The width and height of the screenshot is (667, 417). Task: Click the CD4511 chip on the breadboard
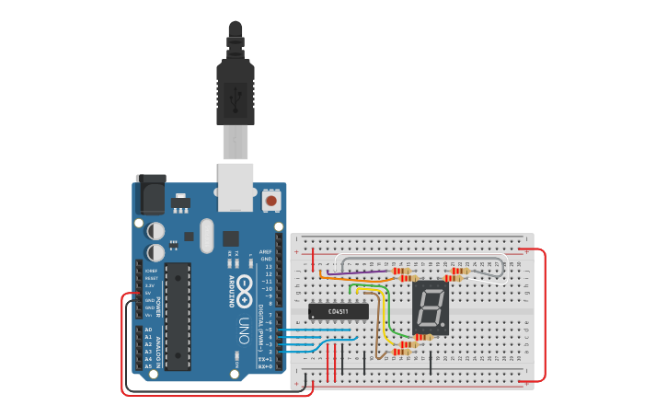[339, 312]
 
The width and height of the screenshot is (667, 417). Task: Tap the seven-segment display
[431, 307]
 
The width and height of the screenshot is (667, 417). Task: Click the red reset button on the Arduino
[271, 200]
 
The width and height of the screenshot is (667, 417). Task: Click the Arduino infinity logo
[244, 291]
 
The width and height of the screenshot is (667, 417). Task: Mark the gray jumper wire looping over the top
[423, 258]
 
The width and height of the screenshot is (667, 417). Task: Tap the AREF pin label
[265, 251]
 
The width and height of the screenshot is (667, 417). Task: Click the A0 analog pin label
[148, 330]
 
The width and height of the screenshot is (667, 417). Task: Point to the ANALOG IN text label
[157, 348]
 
